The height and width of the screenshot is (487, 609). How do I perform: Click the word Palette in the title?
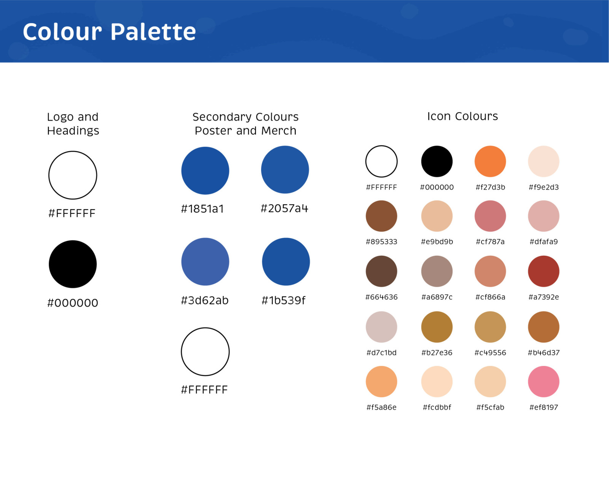click(x=153, y=32)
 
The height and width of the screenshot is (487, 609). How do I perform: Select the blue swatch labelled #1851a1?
click(x=205, y=170)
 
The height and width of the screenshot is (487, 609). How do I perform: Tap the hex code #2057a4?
click(x=284, y=208)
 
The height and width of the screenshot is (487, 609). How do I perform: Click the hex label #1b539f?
click(x=284, y=300)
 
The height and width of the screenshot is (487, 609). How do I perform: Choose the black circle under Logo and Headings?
click(x=73, y=264)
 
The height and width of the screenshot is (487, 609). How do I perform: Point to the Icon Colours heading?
click(x=462, y=116)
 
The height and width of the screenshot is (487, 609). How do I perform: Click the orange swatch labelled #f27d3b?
click(x=490, y=161)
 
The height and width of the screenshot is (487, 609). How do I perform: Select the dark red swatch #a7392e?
click(x=544, y=271)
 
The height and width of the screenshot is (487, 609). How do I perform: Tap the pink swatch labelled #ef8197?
click(x=544, y=382)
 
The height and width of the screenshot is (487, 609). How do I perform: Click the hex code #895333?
click(x=381, y=242)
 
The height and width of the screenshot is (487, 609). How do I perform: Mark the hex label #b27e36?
click(x=437, y=353)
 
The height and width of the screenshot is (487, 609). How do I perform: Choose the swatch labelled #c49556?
click(x=490, y=327)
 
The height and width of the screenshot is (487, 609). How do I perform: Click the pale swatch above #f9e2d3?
click(x=544, y=161)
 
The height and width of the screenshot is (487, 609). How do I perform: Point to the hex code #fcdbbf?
click(x=437, y=407)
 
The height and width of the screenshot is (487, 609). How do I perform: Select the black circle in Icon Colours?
click(x=437, y=161)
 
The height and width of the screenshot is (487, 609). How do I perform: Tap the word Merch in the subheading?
click(x=279, y=131)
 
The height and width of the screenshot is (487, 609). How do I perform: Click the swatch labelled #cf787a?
click(x=490, y=216)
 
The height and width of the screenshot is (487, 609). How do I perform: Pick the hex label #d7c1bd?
click(x=381, y=353)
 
